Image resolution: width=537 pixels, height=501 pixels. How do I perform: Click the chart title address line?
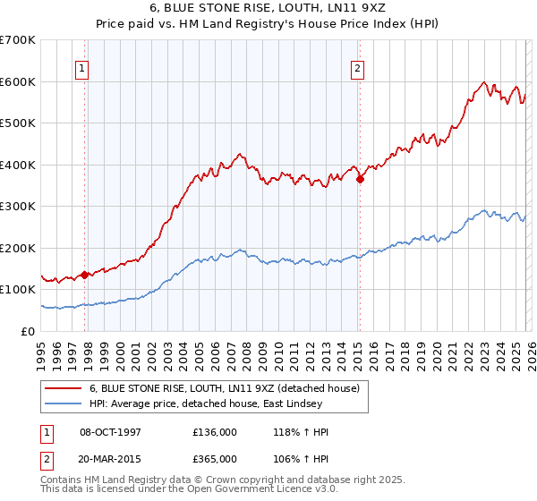click(268, 8)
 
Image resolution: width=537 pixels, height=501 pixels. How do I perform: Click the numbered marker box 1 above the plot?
click(81, 67)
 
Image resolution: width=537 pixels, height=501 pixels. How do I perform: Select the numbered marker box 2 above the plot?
click(357, 67)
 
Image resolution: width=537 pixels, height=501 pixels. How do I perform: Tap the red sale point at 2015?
click(360, 179)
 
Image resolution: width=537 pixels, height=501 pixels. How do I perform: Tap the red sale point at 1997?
click(85, 275)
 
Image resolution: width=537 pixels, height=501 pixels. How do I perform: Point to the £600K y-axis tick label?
click(18, 81)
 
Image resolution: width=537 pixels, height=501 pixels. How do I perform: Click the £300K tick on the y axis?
click(18, 206)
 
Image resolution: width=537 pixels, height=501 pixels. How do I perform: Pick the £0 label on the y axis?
click(27, 331)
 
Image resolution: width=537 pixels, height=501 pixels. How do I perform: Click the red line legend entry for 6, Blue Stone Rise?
click(224, 388)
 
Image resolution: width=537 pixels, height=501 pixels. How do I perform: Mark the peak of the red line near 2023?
click(483, 82)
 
